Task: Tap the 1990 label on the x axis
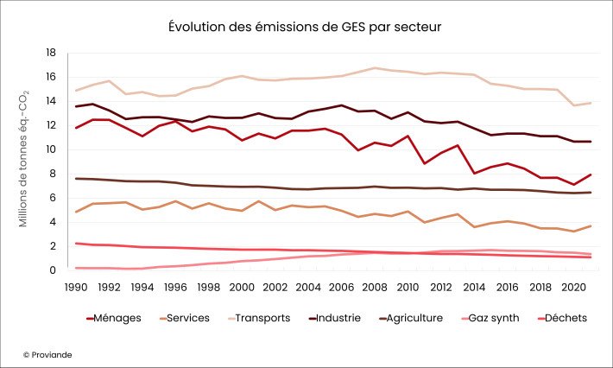click(76, 286)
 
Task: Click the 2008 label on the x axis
click(374, 286)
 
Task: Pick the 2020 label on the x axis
click(573, 286)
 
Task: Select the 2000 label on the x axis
click(242, 286)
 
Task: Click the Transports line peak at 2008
click(374, 68)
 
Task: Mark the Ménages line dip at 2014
click(474, 174)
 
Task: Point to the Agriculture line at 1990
click(76, 179)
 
